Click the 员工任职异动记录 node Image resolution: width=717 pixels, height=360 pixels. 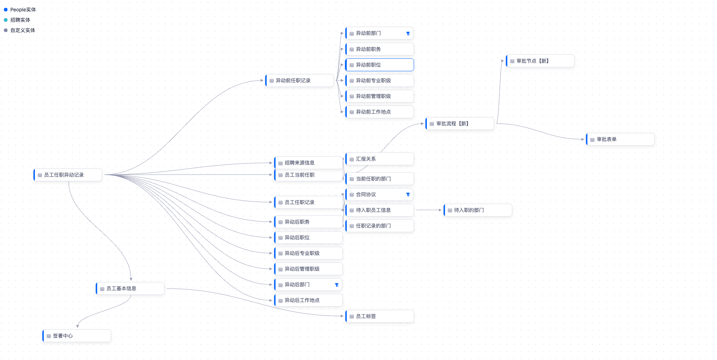(68, 175)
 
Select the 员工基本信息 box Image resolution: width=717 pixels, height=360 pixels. (130, 288)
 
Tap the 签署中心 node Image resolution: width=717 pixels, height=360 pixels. (77, 336)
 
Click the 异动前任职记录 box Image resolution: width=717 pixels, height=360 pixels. (299, 80)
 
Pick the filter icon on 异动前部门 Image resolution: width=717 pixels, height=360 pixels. (408, 33)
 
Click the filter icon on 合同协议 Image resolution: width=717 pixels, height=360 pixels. (408, 194)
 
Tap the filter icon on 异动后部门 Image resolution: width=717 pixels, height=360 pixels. (337, 285)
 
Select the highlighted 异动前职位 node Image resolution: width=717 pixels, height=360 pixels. (380, 65)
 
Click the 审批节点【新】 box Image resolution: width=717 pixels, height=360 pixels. (540, 61)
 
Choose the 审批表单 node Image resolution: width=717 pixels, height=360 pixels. (620, 139)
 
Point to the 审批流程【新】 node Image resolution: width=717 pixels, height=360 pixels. (460, 124)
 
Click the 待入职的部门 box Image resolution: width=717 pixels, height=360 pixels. (478, 210)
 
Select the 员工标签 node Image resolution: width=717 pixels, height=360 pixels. (380, 316)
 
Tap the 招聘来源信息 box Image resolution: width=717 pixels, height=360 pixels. (308, 163)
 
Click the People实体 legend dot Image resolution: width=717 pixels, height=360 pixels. (6, 10)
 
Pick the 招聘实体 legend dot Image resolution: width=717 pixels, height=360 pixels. (6, 20)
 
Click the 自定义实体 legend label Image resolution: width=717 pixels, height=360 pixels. (23, 30)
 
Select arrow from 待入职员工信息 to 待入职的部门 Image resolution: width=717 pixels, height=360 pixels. (429, 210)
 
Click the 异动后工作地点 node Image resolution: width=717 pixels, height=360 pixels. (308, 300)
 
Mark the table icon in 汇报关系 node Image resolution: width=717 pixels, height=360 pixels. (352, 159)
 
